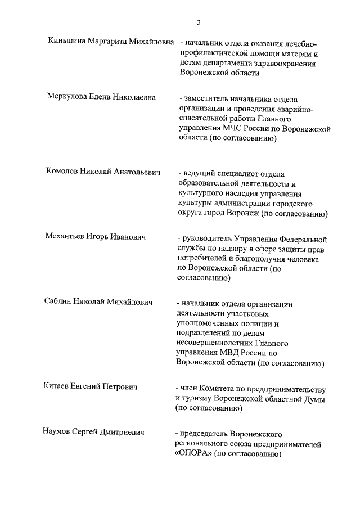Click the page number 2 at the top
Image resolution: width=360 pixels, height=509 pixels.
click(199, 22)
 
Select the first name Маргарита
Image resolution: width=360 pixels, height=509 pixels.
click(110, 42)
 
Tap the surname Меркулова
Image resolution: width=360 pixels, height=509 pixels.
click(68, 97)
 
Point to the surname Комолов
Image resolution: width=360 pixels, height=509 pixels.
click(64, 172)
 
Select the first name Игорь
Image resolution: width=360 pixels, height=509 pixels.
click(102, 237)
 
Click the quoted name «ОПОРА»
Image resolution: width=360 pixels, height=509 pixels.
click(194, 455)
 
